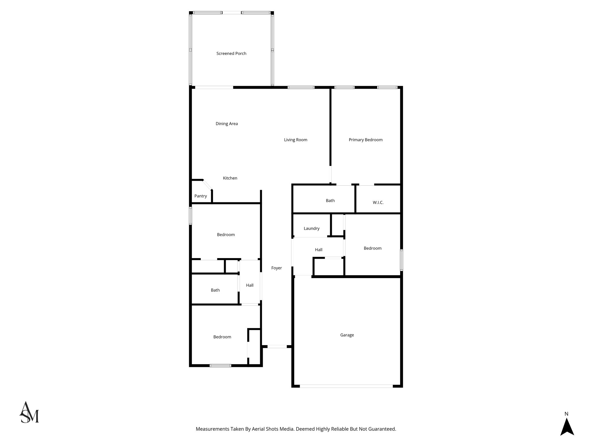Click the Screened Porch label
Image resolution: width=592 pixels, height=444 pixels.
[231, 53]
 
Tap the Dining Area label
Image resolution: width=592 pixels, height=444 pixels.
[227, 124]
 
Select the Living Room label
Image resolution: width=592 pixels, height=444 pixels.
[295, 140]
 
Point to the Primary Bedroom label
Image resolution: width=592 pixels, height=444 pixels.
[365, 140]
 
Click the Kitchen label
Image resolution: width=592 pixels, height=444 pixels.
[230, 178]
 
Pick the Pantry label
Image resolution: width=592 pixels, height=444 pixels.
[200, 196]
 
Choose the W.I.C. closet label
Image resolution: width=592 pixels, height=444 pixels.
[378, 203]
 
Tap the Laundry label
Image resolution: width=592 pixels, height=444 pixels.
[311, 228]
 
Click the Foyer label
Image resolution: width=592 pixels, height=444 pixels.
[276, 268]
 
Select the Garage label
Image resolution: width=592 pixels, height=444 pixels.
[347, 335]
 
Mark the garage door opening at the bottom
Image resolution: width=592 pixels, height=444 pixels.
[346, 386]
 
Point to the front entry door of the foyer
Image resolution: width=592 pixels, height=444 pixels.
[277, 346]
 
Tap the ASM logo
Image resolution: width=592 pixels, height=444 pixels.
[29, 412]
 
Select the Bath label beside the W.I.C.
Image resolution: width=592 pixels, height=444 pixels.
[330, 201]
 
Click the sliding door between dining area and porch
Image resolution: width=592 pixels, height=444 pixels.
[214, 87]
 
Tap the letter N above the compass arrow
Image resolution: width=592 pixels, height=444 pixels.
[566, 414]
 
